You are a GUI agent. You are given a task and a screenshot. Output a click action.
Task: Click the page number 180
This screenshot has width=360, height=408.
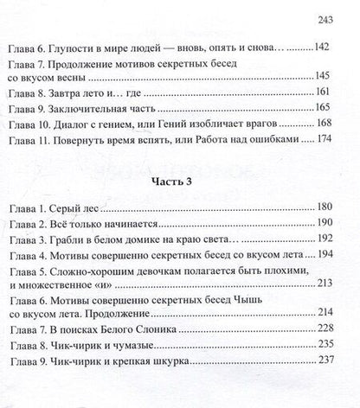click(336, 236)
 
